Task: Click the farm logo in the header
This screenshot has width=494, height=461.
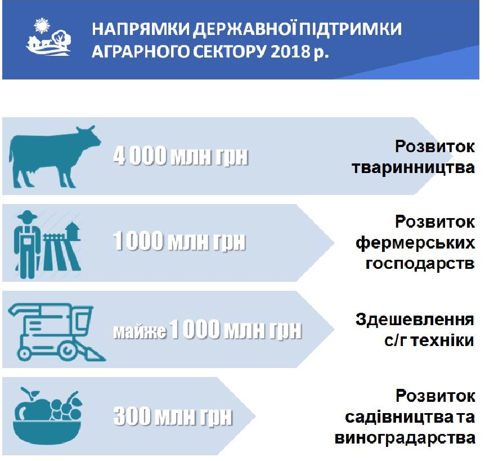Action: click(48, 37)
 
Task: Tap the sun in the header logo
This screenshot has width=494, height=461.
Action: click(42, 25)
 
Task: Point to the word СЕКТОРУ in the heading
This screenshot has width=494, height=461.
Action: click(229, 51)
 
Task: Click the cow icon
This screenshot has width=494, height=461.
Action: click(55, 157)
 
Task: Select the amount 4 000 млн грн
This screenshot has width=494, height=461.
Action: click(181, 155)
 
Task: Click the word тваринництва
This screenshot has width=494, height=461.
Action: click(413, 167)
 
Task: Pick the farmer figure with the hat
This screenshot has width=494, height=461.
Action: click(27, 244)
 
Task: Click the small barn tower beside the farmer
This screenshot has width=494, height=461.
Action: click(73, 230)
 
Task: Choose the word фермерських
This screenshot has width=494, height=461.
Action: click(415, 243)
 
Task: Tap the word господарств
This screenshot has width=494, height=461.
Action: click(420, 264)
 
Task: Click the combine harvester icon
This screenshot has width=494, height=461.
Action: click(57, 332)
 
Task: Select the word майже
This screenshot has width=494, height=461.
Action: click(140, 331)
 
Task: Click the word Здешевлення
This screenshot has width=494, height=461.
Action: click(415, 320)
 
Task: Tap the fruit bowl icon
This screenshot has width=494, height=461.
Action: click(47, 415)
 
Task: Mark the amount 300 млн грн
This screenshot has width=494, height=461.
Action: click(173, 416)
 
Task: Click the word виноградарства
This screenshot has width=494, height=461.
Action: click(405, 438)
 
